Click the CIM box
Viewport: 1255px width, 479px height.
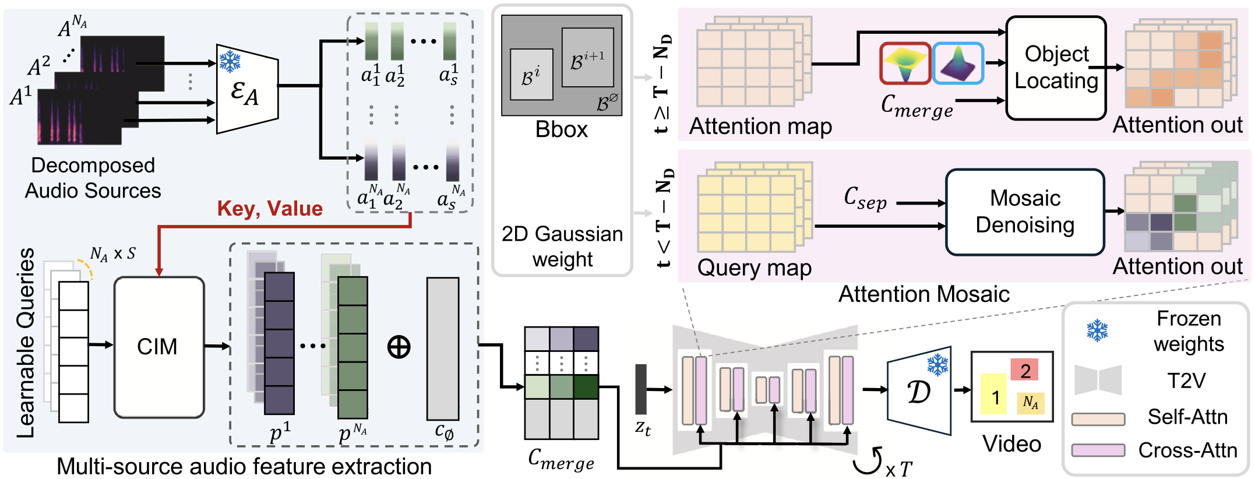click(159, 347)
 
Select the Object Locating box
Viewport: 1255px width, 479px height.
click(1056, 68)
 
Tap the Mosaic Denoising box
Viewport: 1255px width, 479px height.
click(1025, 212)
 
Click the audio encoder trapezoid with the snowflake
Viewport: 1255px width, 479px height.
click(247, 89)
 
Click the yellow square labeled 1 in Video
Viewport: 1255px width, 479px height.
click(993, 395)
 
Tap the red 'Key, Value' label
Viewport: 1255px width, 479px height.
click(270, 209)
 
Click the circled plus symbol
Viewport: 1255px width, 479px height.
click(399, 347)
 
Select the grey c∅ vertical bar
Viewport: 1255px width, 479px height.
click(443, 348)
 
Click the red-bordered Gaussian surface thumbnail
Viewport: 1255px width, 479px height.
click(905, 64)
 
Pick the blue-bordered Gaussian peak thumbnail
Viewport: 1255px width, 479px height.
click(958, 63)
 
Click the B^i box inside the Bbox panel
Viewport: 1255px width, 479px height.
click(531, 74)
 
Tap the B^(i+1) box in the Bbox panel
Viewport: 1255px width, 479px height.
click(587, 58)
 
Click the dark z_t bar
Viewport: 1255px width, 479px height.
click(641, 389)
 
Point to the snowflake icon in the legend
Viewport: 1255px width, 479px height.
click(1097, 330)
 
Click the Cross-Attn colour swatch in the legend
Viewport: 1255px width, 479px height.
click(1098, 450)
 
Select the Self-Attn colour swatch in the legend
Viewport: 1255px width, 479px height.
click(1098, 419)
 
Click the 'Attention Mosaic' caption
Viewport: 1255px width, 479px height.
click(923, 294)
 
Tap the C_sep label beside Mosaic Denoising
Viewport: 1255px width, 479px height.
click(865, 198)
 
